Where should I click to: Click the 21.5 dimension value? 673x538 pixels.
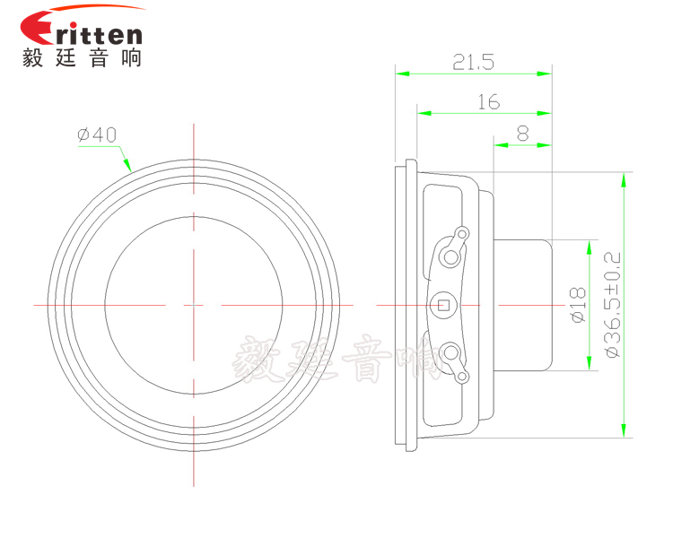[x=474, y=61]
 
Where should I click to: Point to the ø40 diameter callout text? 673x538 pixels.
[x=98, y=135]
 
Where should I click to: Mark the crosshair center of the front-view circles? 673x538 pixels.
[x=193, y=306]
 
